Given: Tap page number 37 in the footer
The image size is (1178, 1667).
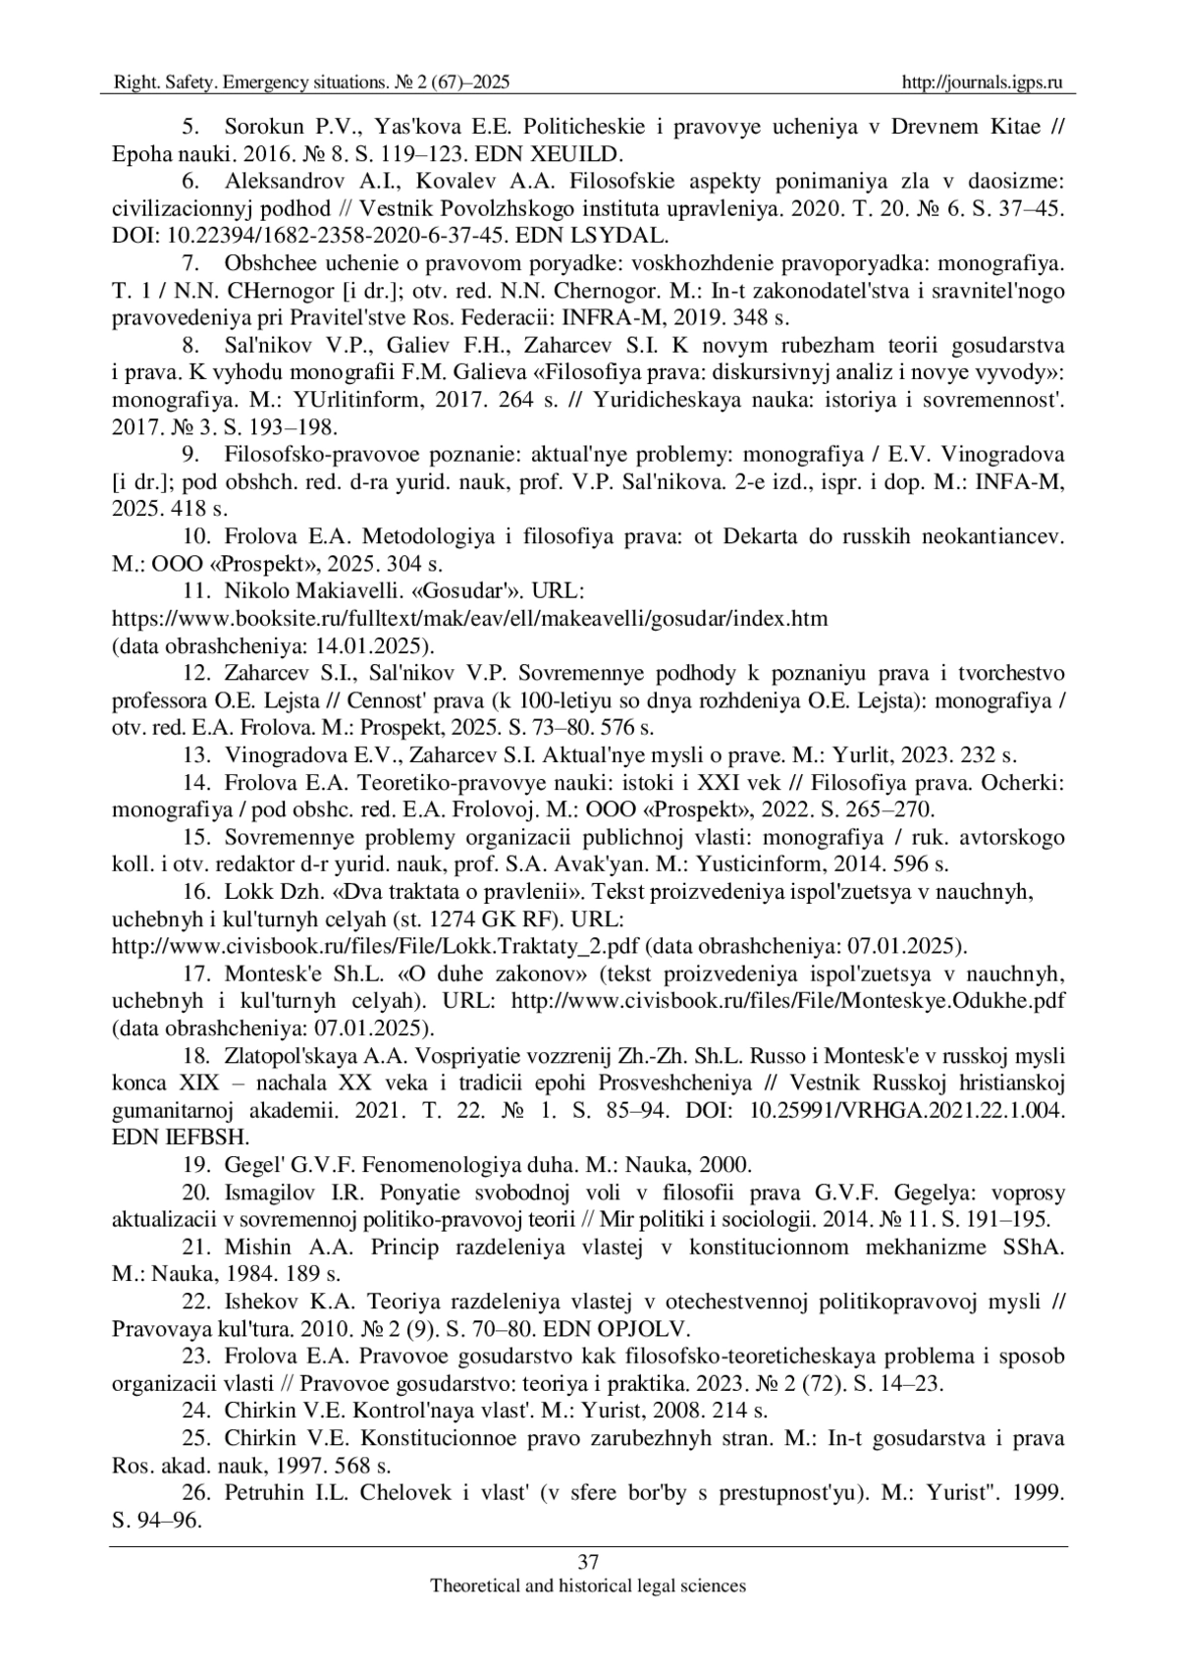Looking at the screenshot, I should (x=588, y=1562).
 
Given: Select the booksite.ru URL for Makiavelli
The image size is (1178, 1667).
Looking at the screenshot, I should (x=470, y=619).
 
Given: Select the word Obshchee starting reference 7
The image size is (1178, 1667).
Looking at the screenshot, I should (x=269, y=264).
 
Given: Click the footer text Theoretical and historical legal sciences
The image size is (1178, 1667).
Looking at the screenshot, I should (x=588, y=1585).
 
